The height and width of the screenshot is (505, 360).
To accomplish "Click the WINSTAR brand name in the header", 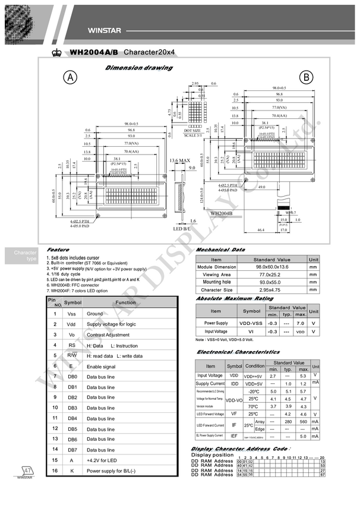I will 105,30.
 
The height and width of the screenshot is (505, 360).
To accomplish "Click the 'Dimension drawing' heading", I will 139,68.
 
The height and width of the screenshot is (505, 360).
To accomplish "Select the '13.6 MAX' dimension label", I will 179,160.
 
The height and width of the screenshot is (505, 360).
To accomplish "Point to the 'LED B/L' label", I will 181,229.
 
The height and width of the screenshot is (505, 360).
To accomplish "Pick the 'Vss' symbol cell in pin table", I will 71,313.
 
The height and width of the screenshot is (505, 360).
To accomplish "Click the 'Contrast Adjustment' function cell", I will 108,334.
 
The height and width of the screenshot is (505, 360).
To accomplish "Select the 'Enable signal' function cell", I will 101,367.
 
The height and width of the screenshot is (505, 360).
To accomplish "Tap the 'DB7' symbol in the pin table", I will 72,449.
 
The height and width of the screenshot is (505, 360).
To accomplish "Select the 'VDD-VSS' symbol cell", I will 252,323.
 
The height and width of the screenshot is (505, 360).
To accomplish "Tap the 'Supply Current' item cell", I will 210,383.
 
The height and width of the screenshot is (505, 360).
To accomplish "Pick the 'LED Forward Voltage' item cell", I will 210,414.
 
